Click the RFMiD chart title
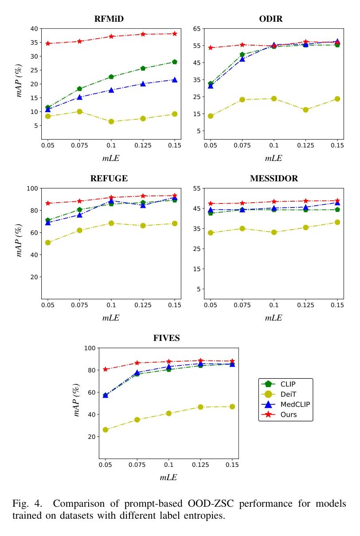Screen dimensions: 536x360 (x=109, y=19)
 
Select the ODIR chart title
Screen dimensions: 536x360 (x=270, y=19)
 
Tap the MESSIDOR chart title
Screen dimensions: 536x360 (x=274, y=178)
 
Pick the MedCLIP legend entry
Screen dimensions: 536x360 (x=295, y=404)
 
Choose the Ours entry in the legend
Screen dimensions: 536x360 (x=289, y=415)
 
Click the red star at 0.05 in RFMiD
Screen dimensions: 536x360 (x=48, y=43)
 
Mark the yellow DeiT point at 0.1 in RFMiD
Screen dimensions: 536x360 (x=111, y=121)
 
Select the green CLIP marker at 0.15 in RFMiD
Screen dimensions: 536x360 (x=175, y=62)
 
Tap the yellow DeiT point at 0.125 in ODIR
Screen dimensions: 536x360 (x=305, y=110)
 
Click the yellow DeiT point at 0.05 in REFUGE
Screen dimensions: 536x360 (x=48, y=243)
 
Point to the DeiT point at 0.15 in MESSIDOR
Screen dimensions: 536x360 (x=337, y=222)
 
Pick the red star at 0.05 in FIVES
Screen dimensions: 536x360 (x=106, y=369)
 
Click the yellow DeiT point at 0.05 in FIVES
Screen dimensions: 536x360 (x=106, y=430)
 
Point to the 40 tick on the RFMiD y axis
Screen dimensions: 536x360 (x=34, y=29)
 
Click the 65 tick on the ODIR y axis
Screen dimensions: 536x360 (x=196, y=29)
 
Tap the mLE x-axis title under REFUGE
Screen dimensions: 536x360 (x=111, y=317)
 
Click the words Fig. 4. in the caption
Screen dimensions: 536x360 (x=27, y=504)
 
